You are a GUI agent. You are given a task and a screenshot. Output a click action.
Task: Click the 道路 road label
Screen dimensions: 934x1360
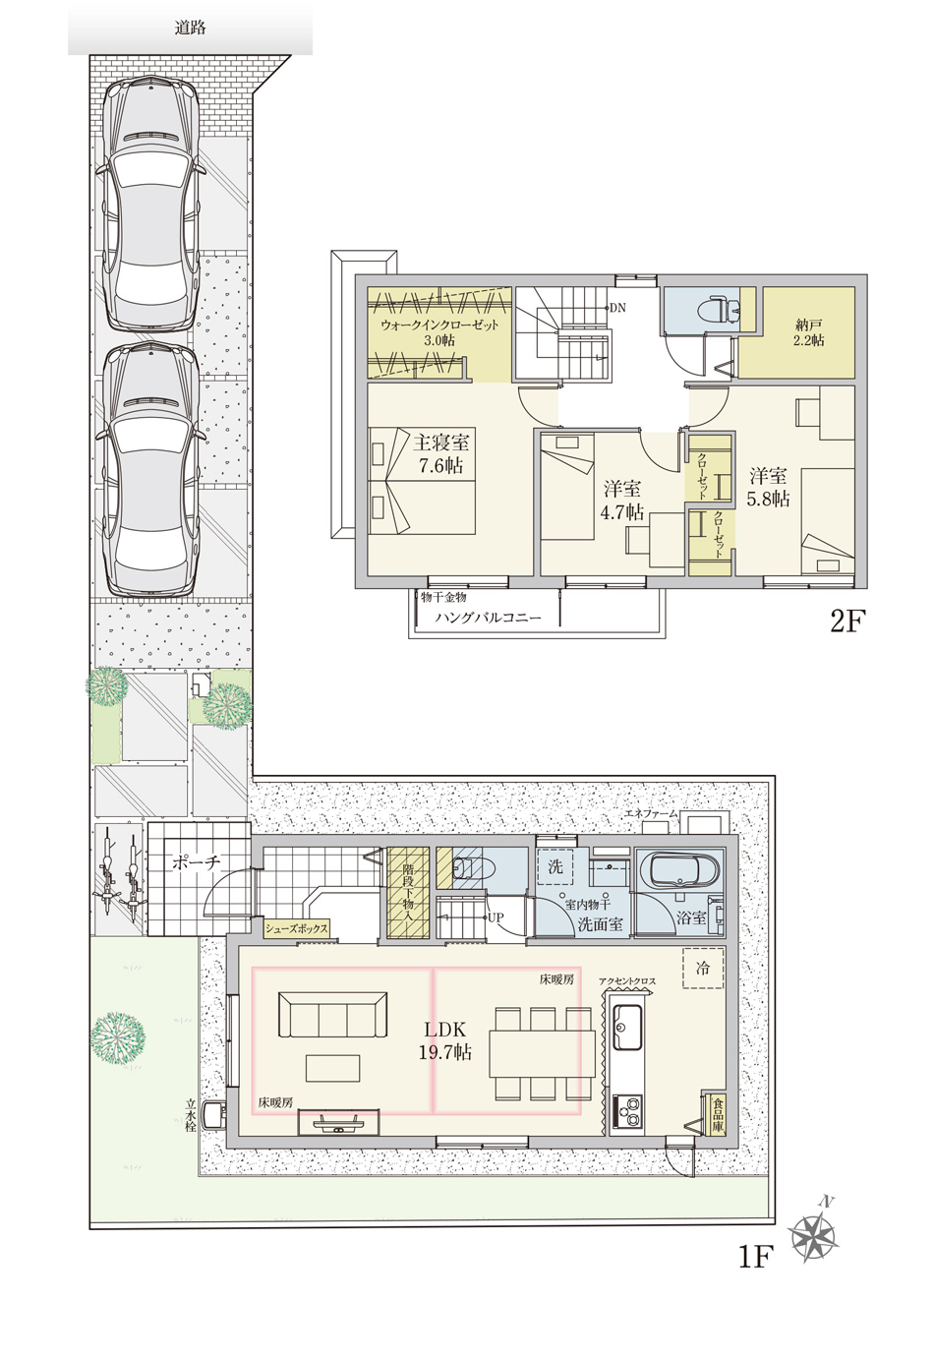pyautogui.click(x=190, y=28)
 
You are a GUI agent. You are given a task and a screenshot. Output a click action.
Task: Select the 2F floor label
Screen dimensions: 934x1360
pyautogui.click(x=846, y=621)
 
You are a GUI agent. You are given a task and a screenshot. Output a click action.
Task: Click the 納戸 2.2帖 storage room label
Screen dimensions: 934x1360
pyautogui.click(x=808, y=332)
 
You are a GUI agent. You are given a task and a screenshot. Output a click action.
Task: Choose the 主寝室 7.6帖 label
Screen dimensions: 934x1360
pyautogui.click(x=441, y=453)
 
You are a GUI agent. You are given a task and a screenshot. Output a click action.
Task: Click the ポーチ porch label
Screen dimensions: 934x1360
pyautogui.click(x=196, y=862)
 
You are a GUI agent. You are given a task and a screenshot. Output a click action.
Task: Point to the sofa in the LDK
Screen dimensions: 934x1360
pyautogui.click(x=332, y=1015)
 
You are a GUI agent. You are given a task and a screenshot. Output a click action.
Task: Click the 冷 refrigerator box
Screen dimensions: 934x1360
pyautogui.click(x=703, y=969)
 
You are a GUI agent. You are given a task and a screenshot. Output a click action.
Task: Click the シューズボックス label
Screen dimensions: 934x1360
pyautogui.click(x=297, y=928)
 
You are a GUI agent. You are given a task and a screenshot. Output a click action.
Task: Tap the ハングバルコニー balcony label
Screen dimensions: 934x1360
pyautogui.click(x=488, y=619)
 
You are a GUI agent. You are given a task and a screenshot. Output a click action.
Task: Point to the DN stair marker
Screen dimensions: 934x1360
pyautogui.click(x=617, y=308)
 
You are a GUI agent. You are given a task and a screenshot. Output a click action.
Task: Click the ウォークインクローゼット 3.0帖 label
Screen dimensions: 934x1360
pyautogui.click(x=440, y=332)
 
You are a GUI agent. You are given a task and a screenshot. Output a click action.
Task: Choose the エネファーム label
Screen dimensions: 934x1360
pyautogui.click(x=651, y=813)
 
